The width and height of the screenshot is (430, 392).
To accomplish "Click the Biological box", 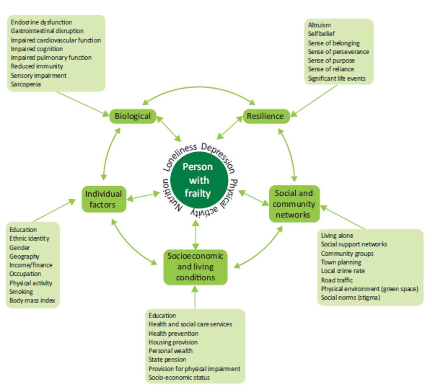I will tap(133, 116).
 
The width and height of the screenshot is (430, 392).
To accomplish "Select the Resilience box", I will tap(265, 116).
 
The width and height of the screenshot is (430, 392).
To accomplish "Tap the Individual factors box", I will tap(103, 199).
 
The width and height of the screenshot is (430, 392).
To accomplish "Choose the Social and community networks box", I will tap(294, 204).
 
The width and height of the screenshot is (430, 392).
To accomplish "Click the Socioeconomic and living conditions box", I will tap(195, 267).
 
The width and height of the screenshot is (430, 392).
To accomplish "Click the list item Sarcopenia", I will tap(26, 84).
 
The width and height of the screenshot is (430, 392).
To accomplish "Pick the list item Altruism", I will tap(319, 25).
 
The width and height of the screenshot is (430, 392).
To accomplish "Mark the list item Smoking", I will tap(21, 292).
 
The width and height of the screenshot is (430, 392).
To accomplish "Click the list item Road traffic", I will tap(337, 280).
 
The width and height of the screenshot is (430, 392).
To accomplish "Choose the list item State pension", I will tap(167, 359).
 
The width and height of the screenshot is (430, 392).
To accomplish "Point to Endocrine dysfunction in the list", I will tap(41, 22).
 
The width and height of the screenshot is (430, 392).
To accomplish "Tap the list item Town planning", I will tap(341, 262).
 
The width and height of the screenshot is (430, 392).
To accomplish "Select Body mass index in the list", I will tap(32, 300).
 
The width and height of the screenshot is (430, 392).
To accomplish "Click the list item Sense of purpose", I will tap(331, 60).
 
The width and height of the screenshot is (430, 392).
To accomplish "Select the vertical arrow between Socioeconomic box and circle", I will tap(196, 235).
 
